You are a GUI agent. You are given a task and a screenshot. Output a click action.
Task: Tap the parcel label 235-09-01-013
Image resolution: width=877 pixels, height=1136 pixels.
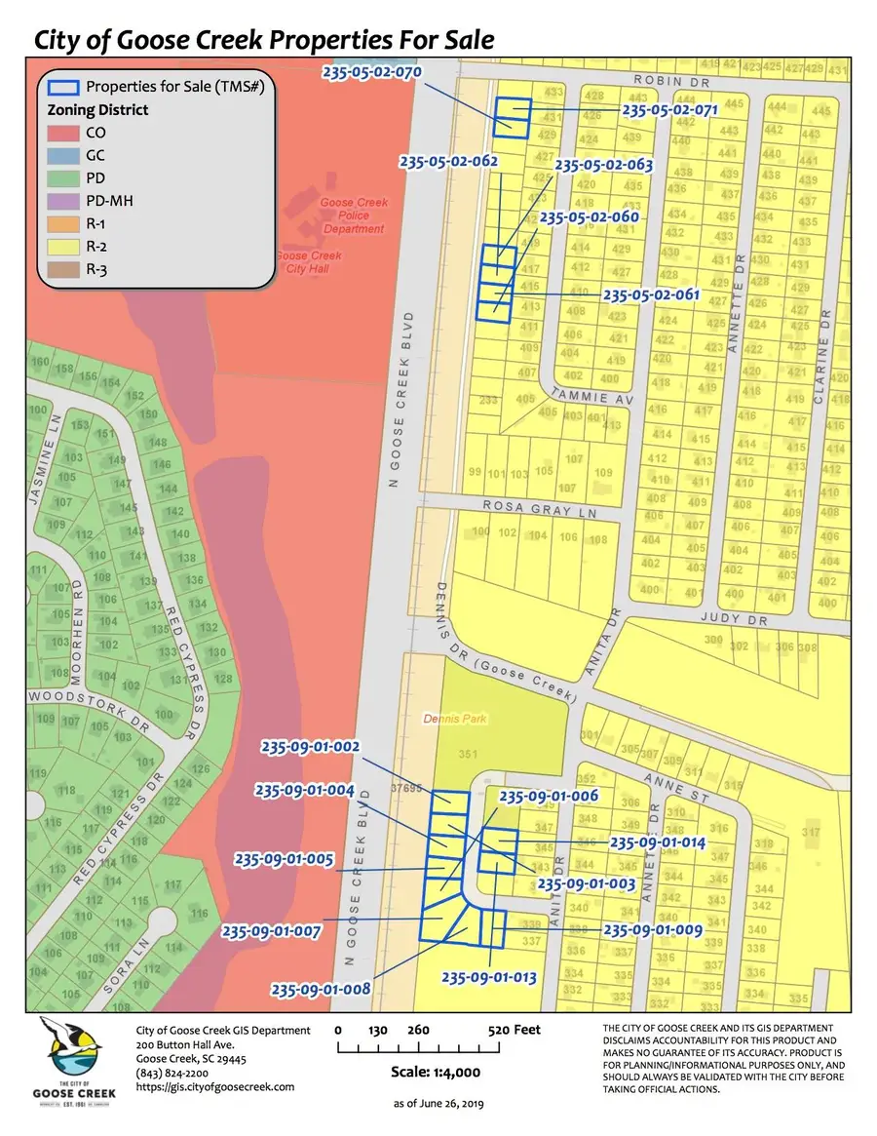click(x=491, y=976)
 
